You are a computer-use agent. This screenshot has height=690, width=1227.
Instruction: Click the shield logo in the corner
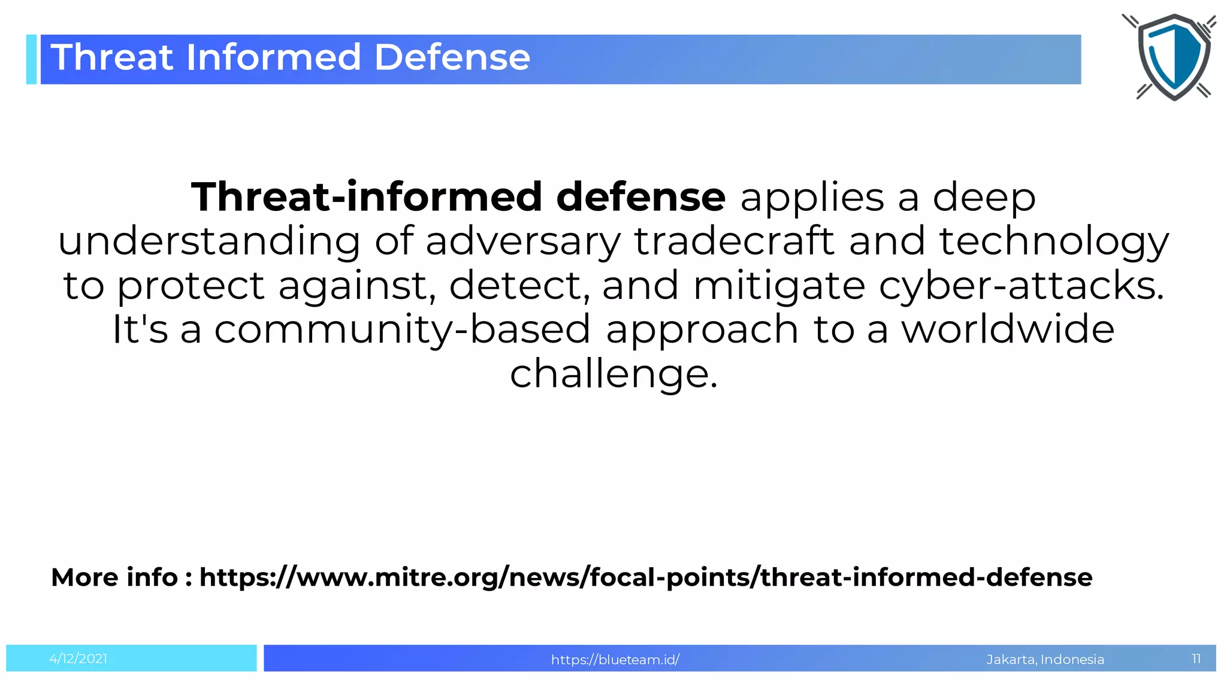(x=1172, y=57)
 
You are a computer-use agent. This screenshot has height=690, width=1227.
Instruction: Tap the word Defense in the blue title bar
(x=452, y=57)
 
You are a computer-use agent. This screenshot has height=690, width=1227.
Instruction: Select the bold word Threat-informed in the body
(x=366, y=197)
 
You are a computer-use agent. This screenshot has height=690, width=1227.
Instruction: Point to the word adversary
(x=523, y=241)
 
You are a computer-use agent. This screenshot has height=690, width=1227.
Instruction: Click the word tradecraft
(x=734, y=241)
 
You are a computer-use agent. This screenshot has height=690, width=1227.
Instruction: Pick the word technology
(x=1054, y=241)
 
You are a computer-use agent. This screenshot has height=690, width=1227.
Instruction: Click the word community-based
(x=402, y=329)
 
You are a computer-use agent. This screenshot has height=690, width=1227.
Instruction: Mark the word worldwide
(x=1008, y=329)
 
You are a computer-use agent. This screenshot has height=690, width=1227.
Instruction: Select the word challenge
(x=613, y=374)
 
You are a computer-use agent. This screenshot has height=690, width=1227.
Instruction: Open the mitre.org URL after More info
(x=645, y=577)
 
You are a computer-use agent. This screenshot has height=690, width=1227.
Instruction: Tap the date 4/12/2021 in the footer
(x=78, y=659)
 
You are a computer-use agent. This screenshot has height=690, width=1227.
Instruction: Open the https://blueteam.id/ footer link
(x=615, y=659)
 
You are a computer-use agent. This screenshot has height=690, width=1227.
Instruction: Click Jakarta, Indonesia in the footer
(x=1045, y=659)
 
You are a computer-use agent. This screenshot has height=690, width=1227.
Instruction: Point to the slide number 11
(x=1196, y=659)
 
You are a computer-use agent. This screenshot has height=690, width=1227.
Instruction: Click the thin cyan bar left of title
(x=31, y=59)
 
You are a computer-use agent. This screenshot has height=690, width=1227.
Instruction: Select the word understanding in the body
(x=209, y=241)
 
